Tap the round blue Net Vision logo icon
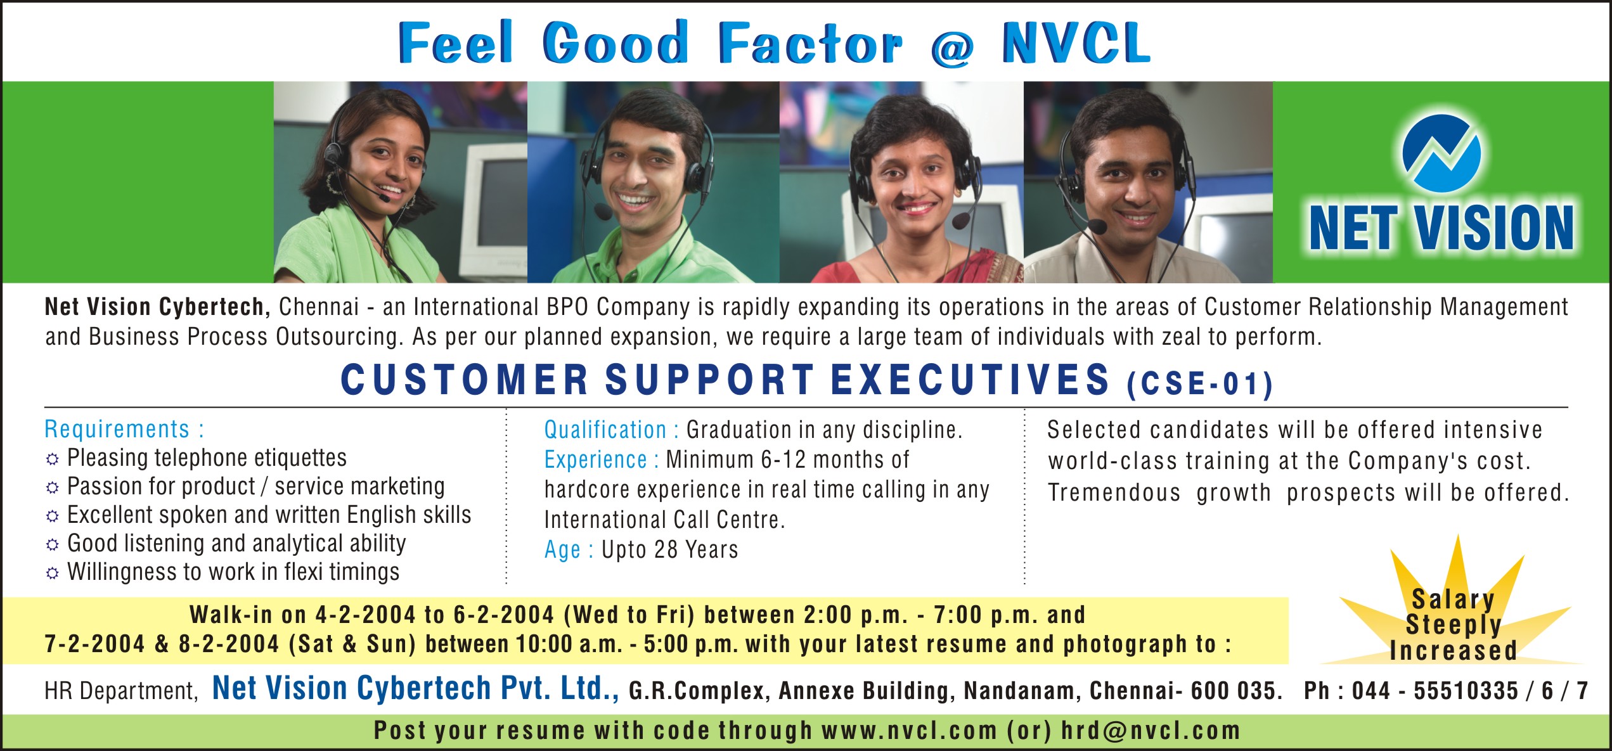click(x=1441, y=154)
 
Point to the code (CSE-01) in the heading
click(x=1200, y=384)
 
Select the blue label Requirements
click(x=117, y=429)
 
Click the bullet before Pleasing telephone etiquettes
click(x=53, y=459)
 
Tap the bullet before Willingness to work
click(x=53, y=573)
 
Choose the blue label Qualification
click(x=605, y=430)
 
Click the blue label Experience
click(x=595, y=459)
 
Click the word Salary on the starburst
click(x=1453, y=599)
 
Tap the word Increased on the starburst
click(x=1453, y=651)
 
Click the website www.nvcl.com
click(x=910, y=731)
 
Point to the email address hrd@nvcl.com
click(x=1151, y=731)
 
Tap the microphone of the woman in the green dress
click(x=384, y=198)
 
